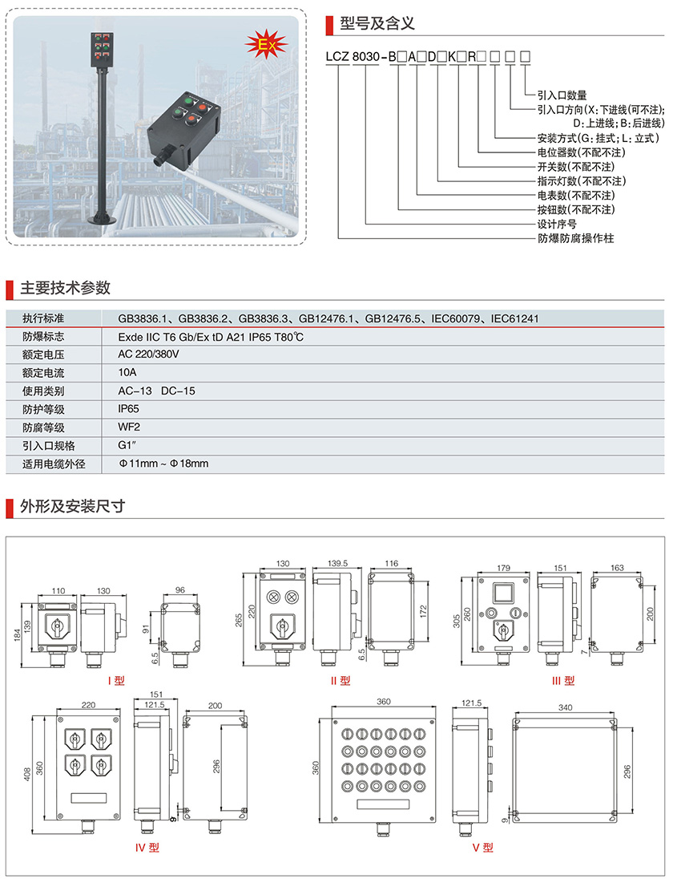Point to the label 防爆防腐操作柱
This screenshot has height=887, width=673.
[575, 238]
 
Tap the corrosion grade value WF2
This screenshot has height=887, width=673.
[128, 427]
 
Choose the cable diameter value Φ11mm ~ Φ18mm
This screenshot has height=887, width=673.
[163, 464]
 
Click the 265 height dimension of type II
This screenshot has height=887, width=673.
[239, 618]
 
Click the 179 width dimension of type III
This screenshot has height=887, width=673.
[503, 568]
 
